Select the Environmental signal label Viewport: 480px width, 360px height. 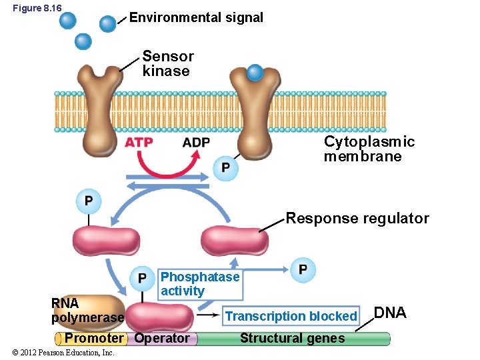click(x=196, y=18)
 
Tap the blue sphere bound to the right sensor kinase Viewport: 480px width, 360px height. click(x=255, y=72)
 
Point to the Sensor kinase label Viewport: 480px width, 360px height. click(x=167, y=64)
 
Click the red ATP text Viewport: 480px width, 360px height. click(x=139, y=142)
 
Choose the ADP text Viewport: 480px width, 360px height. click(x=196, y=142)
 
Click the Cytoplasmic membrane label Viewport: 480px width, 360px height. click(x=369, y=149)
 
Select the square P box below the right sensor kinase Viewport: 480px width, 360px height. click(x=225, y=167)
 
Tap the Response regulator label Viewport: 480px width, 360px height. click(x=357, y=219)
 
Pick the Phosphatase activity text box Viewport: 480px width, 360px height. click(x=200, y=284)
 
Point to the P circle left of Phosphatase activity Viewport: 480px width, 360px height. click(x=142, y=278)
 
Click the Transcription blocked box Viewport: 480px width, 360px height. click(x=291, y=316)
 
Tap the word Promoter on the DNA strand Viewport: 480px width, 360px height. click(x=93, y=338)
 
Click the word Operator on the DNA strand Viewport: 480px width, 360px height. click(x=162, y=338)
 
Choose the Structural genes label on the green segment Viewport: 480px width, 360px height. click(x=292, y=338)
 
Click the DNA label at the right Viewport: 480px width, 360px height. click(x=390, y=313)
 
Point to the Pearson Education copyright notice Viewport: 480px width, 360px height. click(x=59, y=353)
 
